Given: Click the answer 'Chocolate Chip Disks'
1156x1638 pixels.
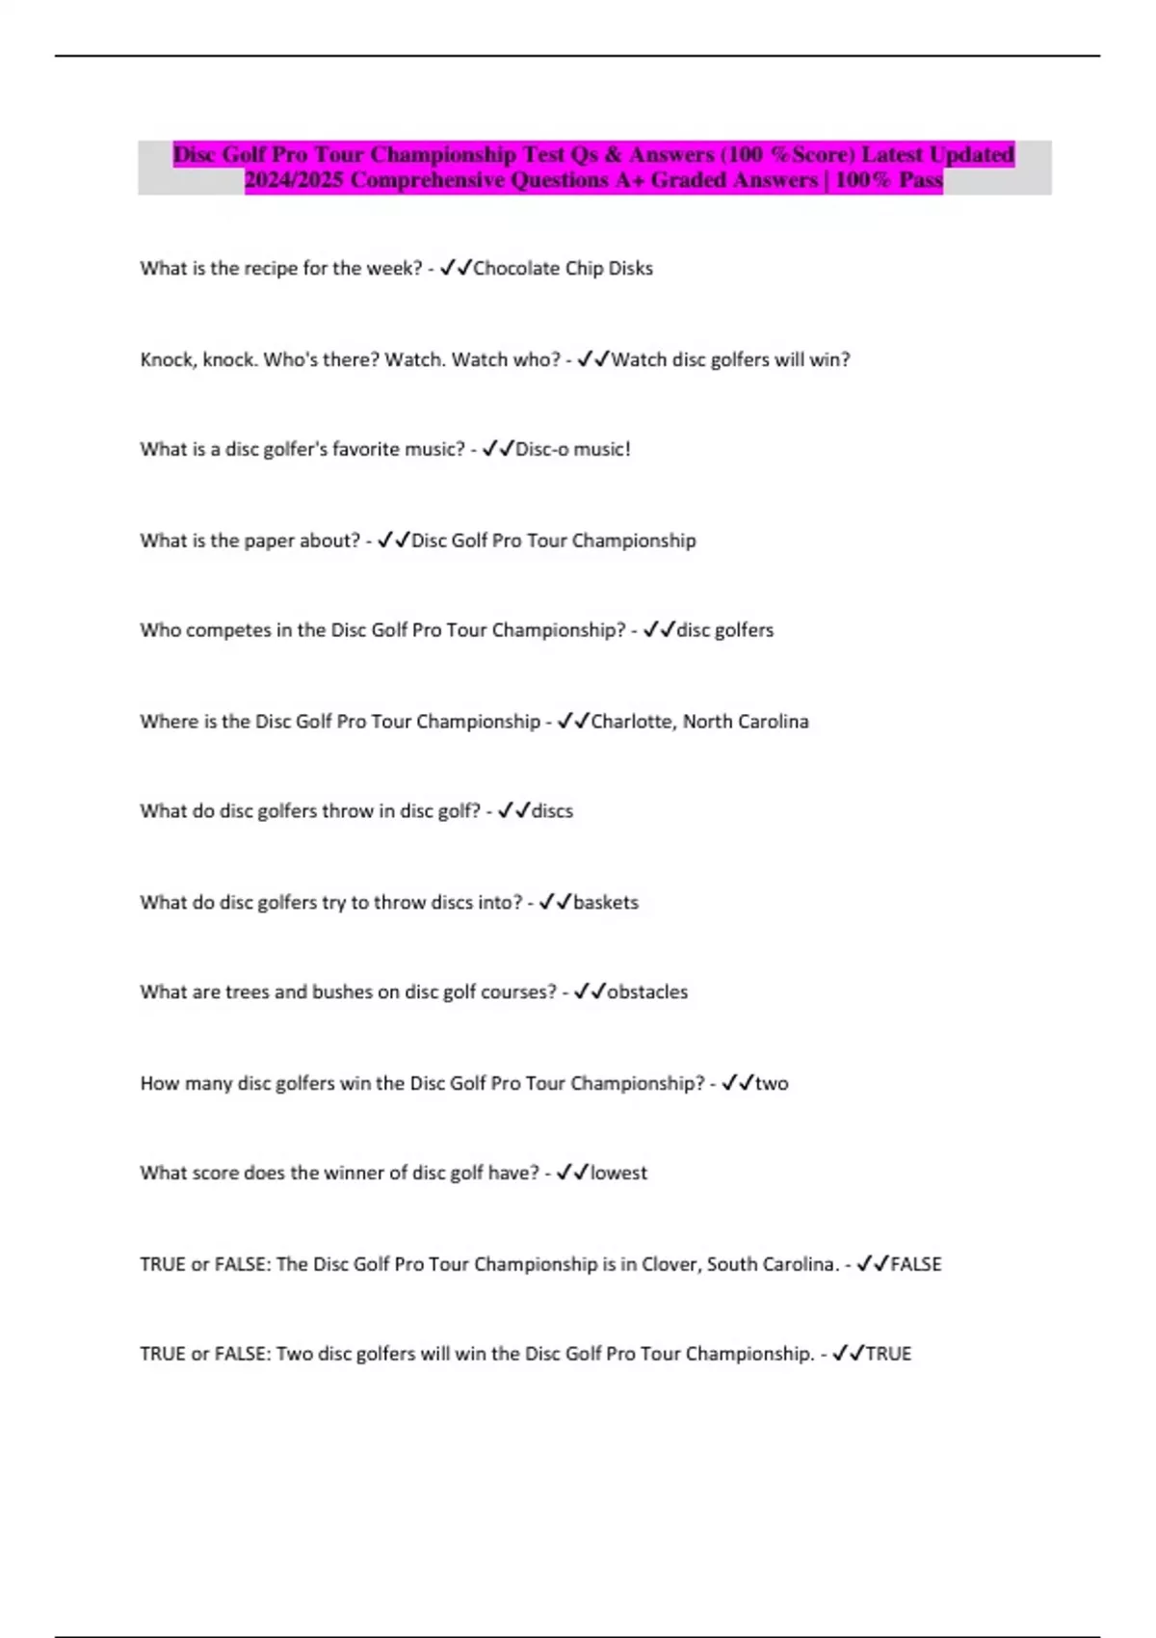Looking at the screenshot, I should click(563, 269).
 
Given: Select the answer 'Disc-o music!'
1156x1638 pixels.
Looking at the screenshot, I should click(573, 449).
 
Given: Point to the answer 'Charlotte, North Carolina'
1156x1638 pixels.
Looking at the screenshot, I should click(699, 722).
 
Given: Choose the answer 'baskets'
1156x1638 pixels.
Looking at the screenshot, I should click(605, 903).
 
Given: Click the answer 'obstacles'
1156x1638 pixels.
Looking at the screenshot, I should click(647, 992).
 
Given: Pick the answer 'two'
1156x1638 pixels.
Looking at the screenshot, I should click(772, 1083).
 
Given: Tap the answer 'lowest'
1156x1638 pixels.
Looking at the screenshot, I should click(618, 1174).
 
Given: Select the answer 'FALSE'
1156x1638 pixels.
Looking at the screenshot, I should click(916, 1264).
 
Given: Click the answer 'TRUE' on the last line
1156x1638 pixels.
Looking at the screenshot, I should click(888, 1354).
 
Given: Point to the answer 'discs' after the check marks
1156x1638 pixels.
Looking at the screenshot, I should click(552, 811).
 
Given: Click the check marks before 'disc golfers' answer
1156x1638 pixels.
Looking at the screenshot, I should click(659, 630).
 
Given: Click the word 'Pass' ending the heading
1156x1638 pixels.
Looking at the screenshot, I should click(920, 180).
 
